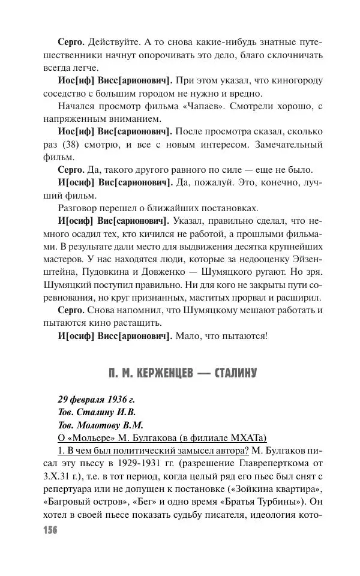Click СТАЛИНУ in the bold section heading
[x=233, y=373]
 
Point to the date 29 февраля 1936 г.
[x=89, y=400]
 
